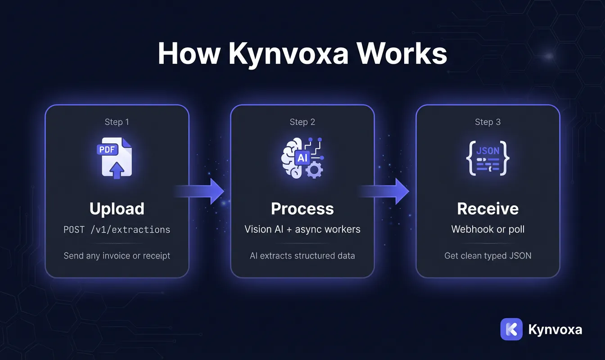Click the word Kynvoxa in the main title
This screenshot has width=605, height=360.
[x=289, y=54]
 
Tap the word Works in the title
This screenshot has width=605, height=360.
[x=402, y=53]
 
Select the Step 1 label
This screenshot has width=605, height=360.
[x=117, y=122]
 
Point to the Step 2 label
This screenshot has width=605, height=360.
[x=302, y=122]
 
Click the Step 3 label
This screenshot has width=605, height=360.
[x=488, y=122]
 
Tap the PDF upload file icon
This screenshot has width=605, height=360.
[x=115, y=158]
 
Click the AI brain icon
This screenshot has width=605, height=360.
[x=302, y=158]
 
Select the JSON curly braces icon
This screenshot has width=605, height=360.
[x=488, y=158]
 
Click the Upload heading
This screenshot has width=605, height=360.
[x=117, y=209]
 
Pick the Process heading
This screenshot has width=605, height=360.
[x=302, y=209]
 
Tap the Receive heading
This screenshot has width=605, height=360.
[x=488, y=209]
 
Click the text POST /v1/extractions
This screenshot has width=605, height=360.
[x=117, y=229]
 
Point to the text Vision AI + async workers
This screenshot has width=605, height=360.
[x=302, y=229]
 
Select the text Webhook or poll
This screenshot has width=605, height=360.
[x=488, y=229]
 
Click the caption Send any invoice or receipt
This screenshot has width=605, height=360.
[x=117, y=256]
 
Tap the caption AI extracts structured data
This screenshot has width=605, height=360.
[x=302, y=256]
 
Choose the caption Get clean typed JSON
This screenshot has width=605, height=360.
[x=488, y=256]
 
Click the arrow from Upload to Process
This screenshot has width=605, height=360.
[x=199, y=191]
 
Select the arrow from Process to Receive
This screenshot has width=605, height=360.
[x=384, y=191]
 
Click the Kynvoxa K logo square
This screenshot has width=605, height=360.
[x=511, y=329]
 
